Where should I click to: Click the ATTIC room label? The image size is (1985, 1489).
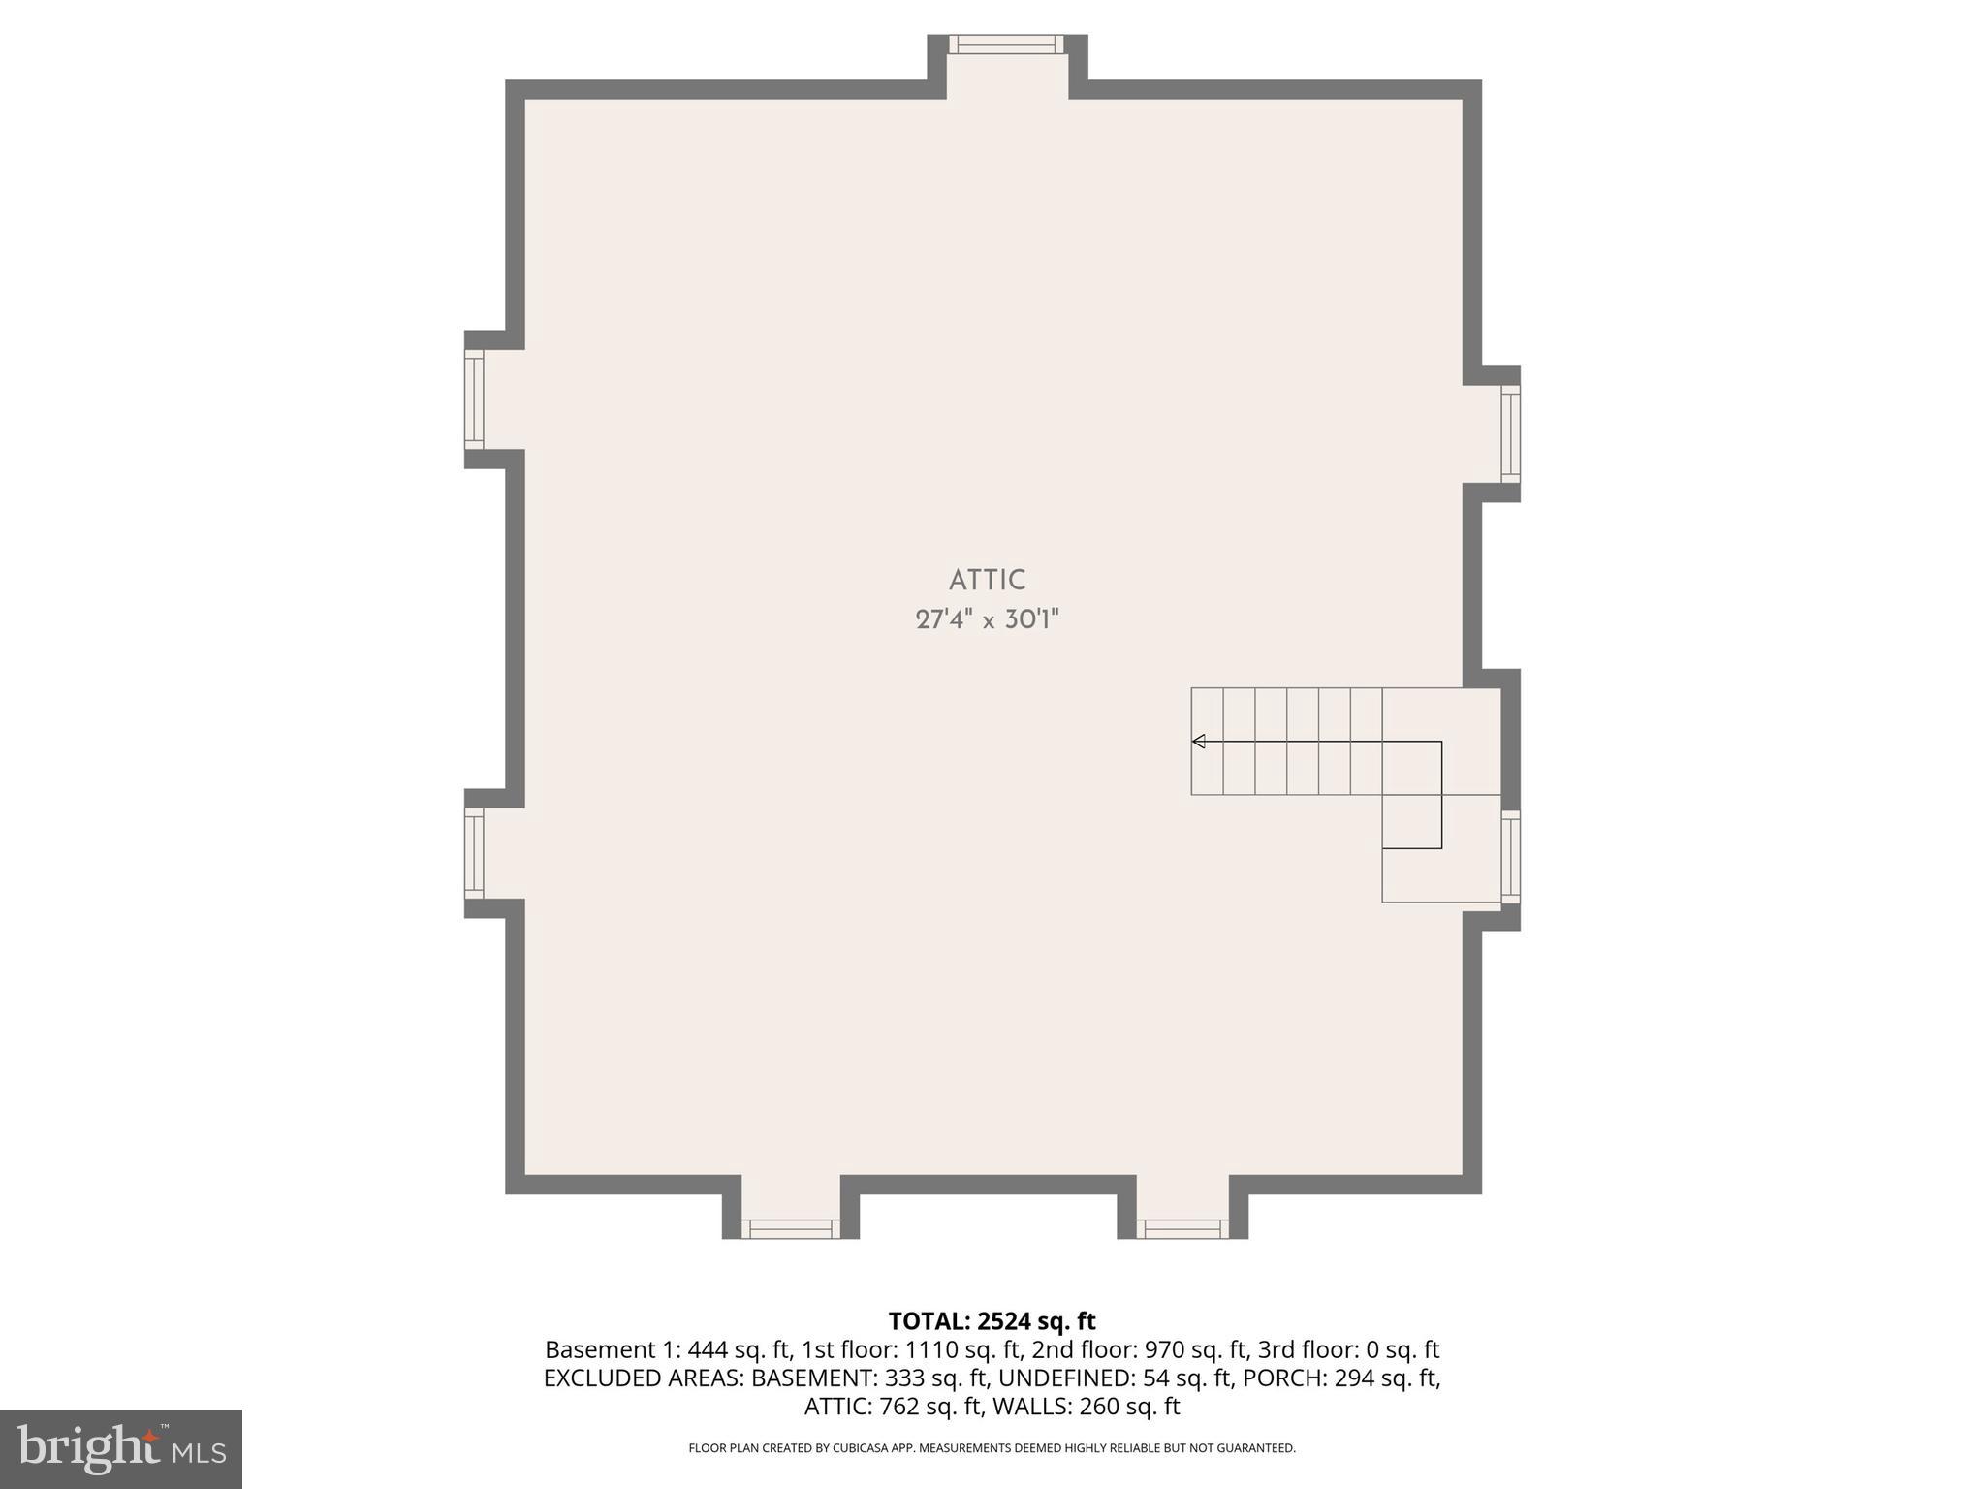[987, 580]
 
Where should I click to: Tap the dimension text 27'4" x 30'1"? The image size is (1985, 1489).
[987, 619]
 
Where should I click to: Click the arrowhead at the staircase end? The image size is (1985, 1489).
[1199, 742]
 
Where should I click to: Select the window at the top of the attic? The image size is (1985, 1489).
[1006, 45]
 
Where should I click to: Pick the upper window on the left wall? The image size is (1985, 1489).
[474, 399]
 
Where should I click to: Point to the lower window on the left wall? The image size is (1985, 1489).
[474, 853]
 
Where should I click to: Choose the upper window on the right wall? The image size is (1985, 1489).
[1510, 433]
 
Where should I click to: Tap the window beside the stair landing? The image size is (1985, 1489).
[1510, 857]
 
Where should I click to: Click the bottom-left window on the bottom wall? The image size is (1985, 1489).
[791, 1228]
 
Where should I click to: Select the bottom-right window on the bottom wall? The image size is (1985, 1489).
[1182, 1228]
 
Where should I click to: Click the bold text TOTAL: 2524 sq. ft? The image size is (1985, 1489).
[992, 1321]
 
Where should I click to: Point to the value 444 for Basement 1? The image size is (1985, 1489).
[708, 1349]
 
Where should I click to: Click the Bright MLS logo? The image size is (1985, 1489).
[121, 1448]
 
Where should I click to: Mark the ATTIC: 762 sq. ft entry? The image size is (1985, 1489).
[897, 1406]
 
